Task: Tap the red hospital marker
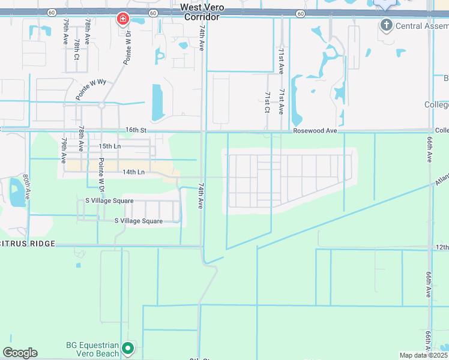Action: [x=123, y=20]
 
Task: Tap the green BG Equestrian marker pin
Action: [x=127, y=348]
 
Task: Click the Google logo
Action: [x=20, y=353]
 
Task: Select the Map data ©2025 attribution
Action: [x=424, y=355]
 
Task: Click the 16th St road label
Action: [x=136, y=130]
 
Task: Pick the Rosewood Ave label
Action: [x=312, y=130]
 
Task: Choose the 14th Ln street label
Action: [x=133, y=172]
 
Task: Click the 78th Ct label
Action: [x=77, y=49]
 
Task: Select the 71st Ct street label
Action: [x=267, y=102]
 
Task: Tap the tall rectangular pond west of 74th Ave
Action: [x=157, y=102]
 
